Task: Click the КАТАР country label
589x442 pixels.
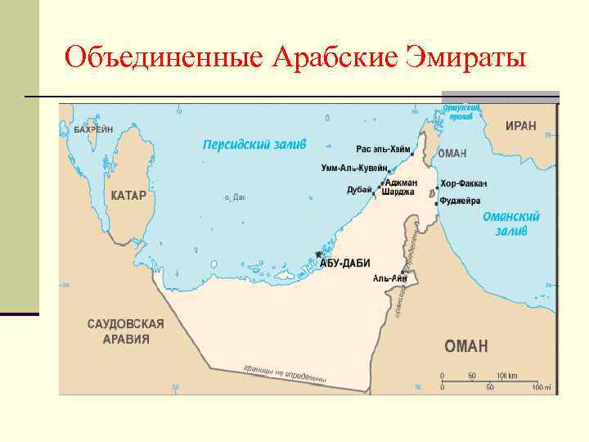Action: pos(128,196)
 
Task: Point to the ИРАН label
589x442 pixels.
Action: pos(521,126)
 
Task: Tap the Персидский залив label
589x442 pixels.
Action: pos(254,144)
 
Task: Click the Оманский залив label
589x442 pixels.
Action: pos(511,223)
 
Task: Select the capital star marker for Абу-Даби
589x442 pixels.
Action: pos(319,255)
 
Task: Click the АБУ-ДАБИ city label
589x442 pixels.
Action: pos(344,263)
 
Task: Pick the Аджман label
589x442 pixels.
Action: pos(401,182)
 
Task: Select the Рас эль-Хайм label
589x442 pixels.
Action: pos(381,150)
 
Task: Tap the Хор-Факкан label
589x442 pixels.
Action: pos(464,183)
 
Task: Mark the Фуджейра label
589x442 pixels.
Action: pos(460,201)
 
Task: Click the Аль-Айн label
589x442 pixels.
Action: pos(389,278)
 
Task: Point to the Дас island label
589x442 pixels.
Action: pos(239,197)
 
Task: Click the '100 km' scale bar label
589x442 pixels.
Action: pos(507,376)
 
